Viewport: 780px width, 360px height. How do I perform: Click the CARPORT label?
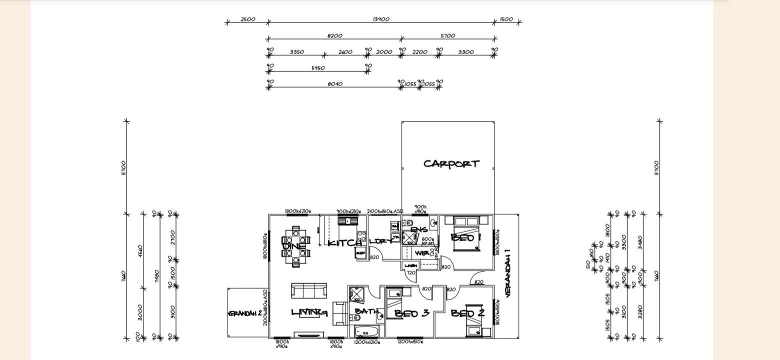click(451, 164)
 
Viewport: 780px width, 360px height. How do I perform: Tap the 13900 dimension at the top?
click(381, 19)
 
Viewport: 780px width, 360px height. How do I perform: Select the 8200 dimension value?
click(334, 36)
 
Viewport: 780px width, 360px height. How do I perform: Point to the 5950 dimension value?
click(318, 68)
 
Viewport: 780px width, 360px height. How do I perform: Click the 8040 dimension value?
click(334, 84)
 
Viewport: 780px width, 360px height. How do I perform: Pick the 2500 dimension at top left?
click(248, 19)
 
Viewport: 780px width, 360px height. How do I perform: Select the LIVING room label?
click(309, 313)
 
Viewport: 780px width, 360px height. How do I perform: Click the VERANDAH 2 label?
click(245, 313)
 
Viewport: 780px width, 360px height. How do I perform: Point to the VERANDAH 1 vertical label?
click(508, 272)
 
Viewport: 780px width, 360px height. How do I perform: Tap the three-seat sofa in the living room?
click(309, 290)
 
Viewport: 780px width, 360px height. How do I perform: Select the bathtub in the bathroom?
click(367, 331)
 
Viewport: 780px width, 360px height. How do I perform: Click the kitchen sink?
click(344, 220)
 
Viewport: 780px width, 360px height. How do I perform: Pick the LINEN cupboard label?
click(410, 265)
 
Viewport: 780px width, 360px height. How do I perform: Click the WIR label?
click(421, 253)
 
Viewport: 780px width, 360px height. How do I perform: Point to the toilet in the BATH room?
click(380, 315)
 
